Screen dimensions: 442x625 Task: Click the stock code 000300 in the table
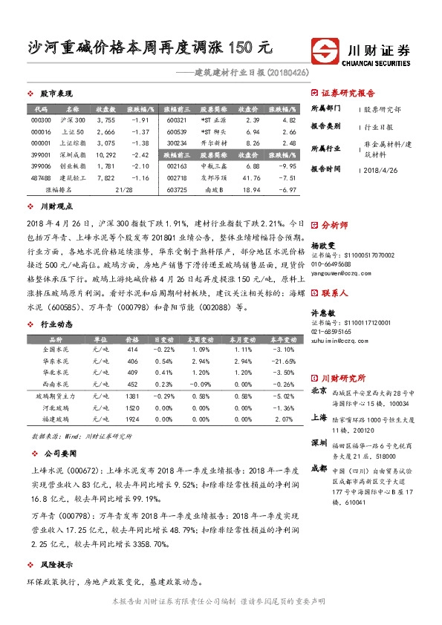pyautogui.click(x=42, y=120)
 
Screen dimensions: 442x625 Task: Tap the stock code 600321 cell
pyautogui.click(x=178, y=120)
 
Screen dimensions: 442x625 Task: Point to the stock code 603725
pyautogui.click(x=178, y=191)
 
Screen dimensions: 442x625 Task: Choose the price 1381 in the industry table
pyautogui.click(x=132, y=397)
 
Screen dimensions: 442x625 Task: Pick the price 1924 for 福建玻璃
pyautogui.click(x=132, y=420)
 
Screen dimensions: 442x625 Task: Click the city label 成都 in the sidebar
pyautogui.click(x=318, y=468)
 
